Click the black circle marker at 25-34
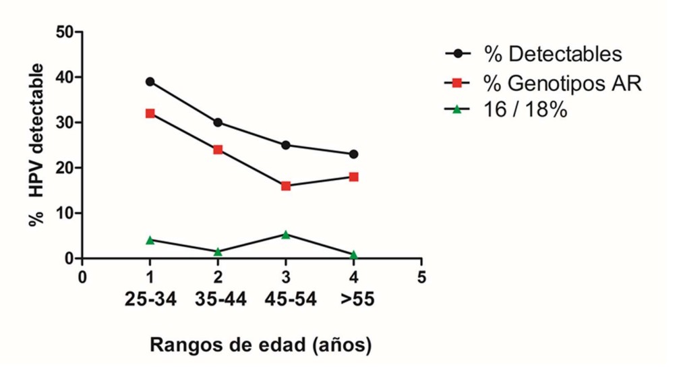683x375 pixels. [150, 82]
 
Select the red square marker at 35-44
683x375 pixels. [218, 149]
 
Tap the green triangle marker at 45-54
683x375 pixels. [285, 235]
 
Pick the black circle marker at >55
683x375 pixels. [353, 154]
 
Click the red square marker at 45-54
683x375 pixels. [285, 185]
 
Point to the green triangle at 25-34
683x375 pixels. [150, 239]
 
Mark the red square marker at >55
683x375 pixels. [353, 177]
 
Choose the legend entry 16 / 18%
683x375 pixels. [525, 110]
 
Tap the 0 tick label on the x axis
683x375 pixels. [82, 277]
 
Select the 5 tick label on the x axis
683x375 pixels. [421, 277]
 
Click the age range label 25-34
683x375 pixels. [150, 300]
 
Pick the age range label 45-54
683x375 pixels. [285, 300]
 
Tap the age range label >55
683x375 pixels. [353, 300]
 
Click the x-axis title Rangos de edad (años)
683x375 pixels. [260, 345]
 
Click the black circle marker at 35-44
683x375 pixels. [218, 123]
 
